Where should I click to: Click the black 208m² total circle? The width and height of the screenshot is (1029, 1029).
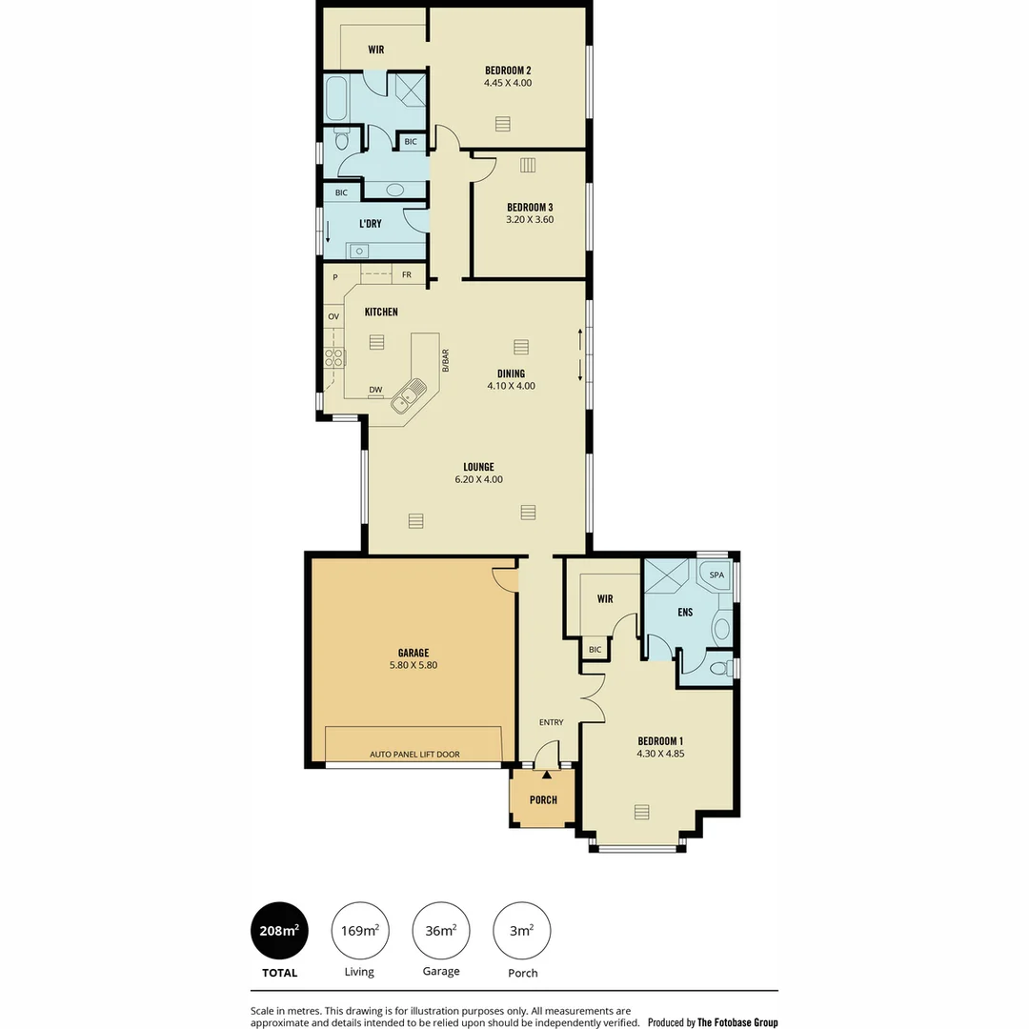coord(279,930)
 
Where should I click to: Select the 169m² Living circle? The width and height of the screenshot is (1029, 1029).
coord(360,930)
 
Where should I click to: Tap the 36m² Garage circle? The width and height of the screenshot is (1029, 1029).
coord(441,930)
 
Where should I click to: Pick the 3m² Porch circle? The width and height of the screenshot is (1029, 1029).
coord(522,930)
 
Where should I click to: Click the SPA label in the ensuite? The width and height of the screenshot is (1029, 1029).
coord(716,575)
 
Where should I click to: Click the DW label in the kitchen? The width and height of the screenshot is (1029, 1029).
coord(375,390)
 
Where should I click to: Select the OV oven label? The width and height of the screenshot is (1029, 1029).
coord(333,316)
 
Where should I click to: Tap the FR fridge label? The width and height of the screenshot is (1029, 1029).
coord(407,274)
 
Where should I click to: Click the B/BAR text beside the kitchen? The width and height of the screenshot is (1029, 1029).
coord(445,359)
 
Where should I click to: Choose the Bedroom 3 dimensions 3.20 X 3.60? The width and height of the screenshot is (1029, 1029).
coord(530,220)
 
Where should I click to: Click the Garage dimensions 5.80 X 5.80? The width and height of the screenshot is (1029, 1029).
coord(414,665)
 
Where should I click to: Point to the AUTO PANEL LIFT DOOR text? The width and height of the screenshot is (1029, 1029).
coord(414,755)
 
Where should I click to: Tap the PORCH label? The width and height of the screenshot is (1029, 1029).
coord(543,799)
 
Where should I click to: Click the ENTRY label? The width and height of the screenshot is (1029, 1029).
coord(551,722)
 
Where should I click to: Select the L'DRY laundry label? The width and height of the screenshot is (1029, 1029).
coord(371,224)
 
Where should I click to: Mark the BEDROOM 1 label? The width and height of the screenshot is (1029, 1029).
coord(660,741)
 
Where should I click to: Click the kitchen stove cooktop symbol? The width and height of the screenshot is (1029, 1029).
coord(334,358)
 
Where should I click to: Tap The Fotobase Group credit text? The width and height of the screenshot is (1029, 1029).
coord(737,1022)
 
